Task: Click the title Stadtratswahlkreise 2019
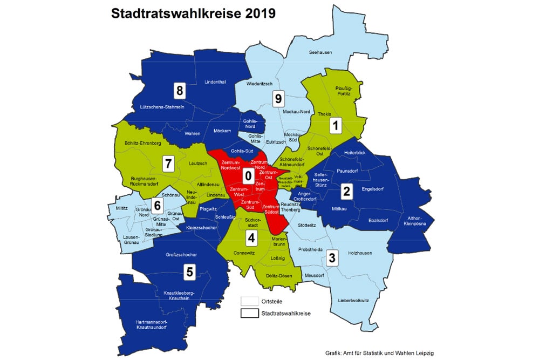point(193,14)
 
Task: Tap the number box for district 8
point(179,90)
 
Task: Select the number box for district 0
point(248,175)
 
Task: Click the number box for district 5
point(189,272)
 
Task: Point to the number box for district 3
point(332,257)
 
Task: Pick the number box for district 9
point(278,98)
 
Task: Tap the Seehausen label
point(320,52)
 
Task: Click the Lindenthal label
point(215,81)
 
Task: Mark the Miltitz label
point(122,207)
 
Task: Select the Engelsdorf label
point(373,189)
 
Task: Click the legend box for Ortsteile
point(249,301)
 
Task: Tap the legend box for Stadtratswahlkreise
point(249,313)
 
